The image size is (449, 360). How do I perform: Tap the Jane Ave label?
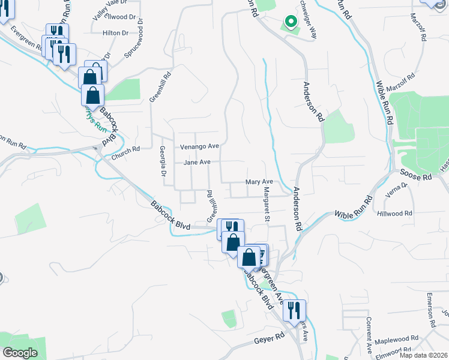197,163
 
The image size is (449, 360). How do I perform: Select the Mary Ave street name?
259,182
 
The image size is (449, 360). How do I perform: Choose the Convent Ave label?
369,331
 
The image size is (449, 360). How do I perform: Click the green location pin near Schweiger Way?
291,22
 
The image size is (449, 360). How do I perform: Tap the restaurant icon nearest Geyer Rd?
294,310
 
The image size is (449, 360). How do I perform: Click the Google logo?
20,353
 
